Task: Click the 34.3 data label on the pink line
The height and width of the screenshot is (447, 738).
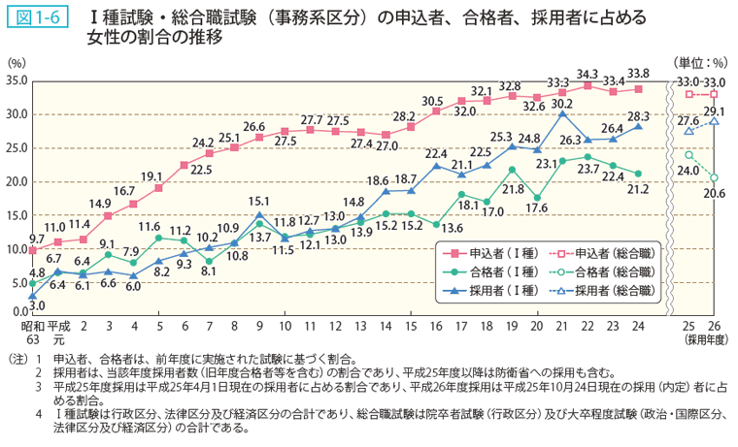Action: pos(587,74)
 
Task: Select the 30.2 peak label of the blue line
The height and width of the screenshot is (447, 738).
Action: pos(561,103)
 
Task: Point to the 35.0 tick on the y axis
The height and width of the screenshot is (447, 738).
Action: pos(17,80)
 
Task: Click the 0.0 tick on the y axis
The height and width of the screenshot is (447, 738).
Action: pos(20,312)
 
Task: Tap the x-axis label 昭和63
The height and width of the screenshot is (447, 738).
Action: pos(33,333)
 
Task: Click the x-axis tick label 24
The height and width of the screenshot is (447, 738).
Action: pos(636,327)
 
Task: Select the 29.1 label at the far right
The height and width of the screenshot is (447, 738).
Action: pos(714,111)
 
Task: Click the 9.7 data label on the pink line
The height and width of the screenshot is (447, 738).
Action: pos(36,238)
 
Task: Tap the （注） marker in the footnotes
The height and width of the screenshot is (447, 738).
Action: pos(16,358)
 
